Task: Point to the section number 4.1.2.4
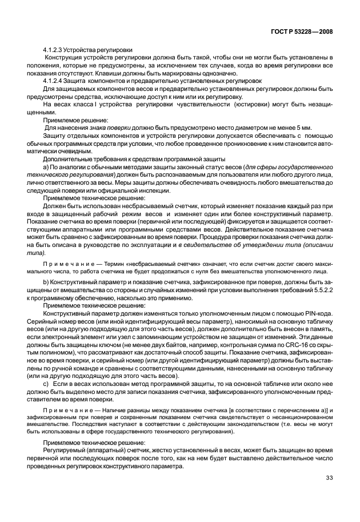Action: point(54,81)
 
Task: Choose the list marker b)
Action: point(47,282)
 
